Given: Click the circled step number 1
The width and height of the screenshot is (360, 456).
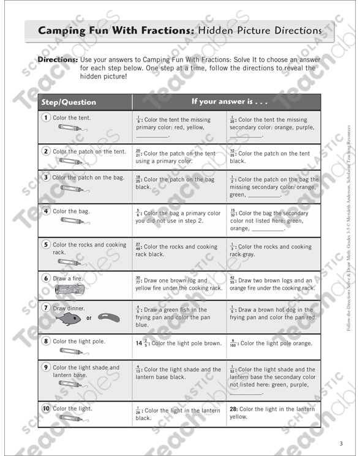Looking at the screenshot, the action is point(46,118).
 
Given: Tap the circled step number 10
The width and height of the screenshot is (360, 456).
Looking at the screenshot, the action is point(46,408).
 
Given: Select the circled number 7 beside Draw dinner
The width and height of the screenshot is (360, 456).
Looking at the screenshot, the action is point(46,308).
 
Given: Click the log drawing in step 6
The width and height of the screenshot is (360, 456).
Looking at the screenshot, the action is point(69,289).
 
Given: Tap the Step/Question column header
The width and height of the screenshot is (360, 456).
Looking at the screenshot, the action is point(68,102).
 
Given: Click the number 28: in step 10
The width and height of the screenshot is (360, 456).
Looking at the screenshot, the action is point(233,408).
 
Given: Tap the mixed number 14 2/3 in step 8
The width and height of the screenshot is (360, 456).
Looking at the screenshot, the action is point(141,343).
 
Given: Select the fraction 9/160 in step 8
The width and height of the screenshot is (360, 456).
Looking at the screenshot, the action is point(233,343).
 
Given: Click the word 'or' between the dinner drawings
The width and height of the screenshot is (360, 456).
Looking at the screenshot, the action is point(89,318).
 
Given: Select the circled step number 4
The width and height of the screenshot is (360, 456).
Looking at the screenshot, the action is point(46,211).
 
